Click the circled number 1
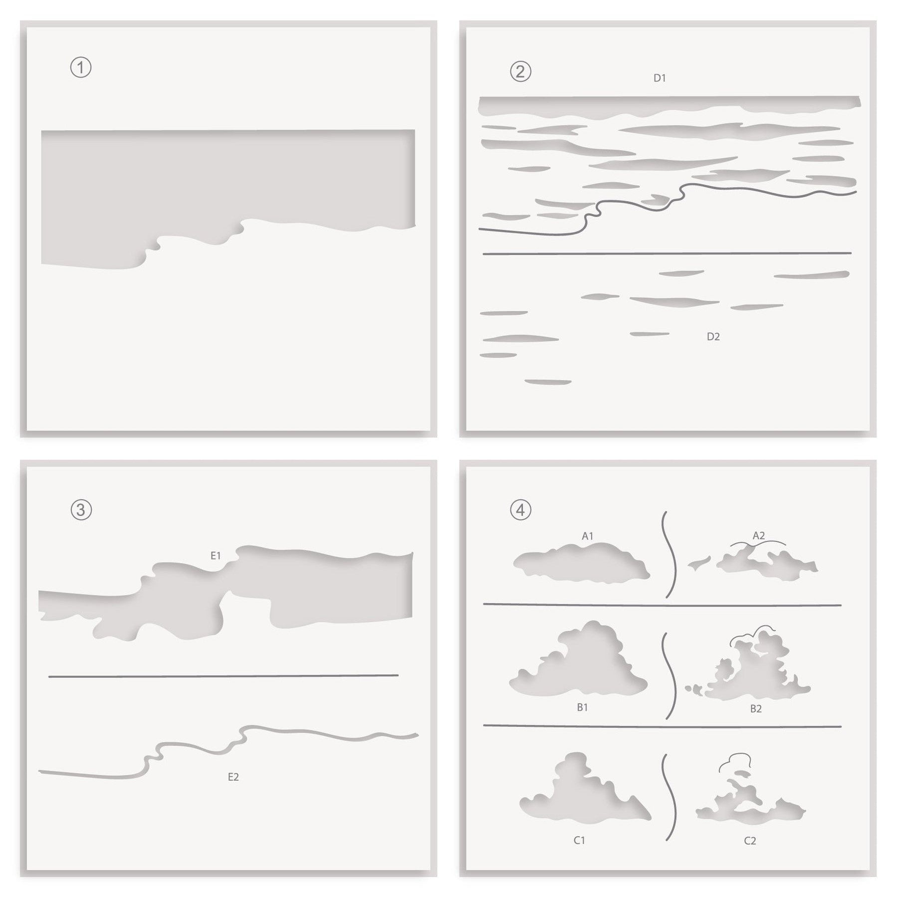(x=81, y=68)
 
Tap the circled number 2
(x=520, y=72)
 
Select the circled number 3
(x=81, y=510)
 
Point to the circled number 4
(x=520, y=510)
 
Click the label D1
(x=660, y=78)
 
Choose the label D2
(x=713, y=337)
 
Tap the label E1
(x=216, y=555)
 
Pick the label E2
(x=233, y=777)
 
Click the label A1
(x=587, y=536)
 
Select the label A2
(x=758, y=535)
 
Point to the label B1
(x=582, y=707)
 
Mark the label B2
(x=756, y=708)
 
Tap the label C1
(x=579, y=841)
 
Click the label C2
(x=750, y=841)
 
